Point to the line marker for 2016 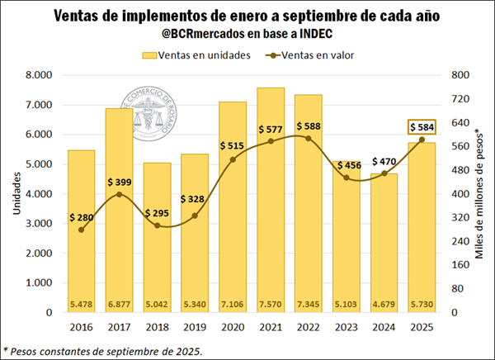click(x=81, y=230)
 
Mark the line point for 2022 click(x=309, y=138)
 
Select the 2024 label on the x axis click(x=384, y=327)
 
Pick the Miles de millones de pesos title click(x=480, y=194)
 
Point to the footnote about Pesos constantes click(x=103, y=351)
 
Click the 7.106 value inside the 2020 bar click(x=233, y=303)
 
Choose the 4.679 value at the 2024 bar click(x=384, y=303)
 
